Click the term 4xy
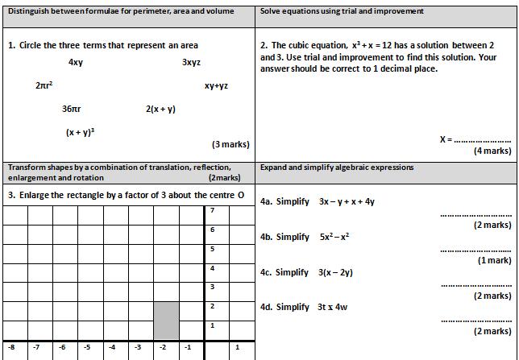(x=76, y=62)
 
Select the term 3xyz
(x=191, y=62)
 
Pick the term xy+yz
(x=216, y=85)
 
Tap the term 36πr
(x=72, y=109)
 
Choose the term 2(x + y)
(x=160, y=109)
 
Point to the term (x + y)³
(x=81, y=131)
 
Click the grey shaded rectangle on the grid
(x=166, y=320)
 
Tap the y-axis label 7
(x=212, y=210)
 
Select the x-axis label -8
(x=11, y=347)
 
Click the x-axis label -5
(x=87, y=347)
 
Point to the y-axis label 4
(x=212, y=267)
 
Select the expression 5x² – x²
(x=334, y=237)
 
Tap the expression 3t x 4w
(x=332, y=307)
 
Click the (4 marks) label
(x=492, y=151)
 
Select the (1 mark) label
(x=494, y=260)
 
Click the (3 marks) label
(x=230, y=144)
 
